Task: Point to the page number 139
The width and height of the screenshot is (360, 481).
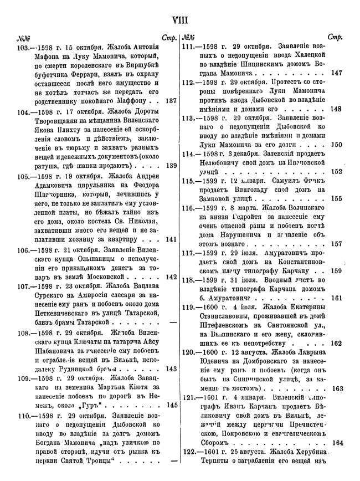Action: point(171,165)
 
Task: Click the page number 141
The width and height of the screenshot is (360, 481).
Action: point(171,239)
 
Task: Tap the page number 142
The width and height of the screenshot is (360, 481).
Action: point(171,277)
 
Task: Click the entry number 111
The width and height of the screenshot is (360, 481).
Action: point(189,48)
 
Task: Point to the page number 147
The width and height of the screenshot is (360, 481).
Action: point(336,73)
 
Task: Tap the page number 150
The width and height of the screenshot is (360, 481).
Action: point(336,145)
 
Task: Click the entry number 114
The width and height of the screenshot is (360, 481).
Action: point(189,153)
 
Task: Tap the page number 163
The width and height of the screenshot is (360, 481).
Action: point(337,388)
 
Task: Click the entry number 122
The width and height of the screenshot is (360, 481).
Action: point(189,452)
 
